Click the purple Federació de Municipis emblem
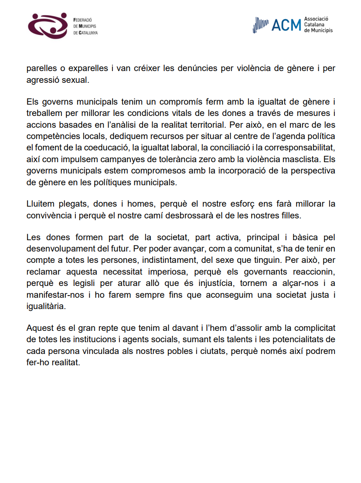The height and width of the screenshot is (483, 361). (x=48, y=26)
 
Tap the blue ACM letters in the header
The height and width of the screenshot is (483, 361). (x=286, y=25)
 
